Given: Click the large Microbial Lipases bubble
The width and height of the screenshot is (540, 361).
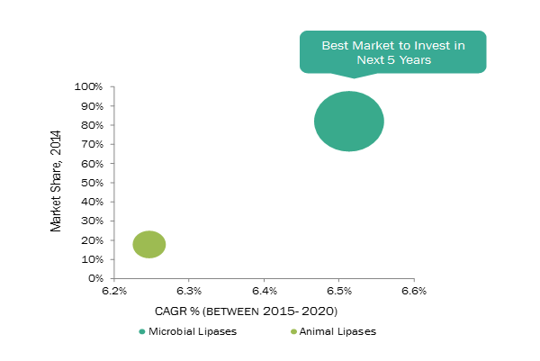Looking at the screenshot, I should tap(349, 122).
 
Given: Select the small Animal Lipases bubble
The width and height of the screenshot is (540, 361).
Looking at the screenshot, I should tap(149, 244).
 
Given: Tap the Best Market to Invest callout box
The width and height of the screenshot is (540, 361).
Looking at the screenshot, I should tap(392, 52).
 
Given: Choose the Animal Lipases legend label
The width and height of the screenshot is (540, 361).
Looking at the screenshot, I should tap(338, 331).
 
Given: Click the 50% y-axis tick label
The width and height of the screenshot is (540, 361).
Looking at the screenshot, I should tap(94, 183).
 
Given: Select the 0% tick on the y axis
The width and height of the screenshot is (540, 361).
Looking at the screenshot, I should tap(97, 278).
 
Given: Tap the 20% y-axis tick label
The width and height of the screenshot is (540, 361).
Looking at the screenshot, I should tap(94, 240).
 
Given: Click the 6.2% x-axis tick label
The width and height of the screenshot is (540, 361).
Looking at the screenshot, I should tap(113, 292).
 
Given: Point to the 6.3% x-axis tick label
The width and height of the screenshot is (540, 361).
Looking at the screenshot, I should tap(188, 292).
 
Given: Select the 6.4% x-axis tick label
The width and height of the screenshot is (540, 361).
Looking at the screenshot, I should tap(264, 292).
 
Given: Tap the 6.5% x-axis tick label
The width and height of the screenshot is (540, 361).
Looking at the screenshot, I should tap(338, 292).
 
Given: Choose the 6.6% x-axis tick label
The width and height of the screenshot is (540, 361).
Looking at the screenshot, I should tap(413, 292).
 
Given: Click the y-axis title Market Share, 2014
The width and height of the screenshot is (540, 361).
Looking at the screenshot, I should tap(57, 183).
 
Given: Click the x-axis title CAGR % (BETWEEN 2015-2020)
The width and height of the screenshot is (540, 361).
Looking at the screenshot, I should tap(264, 311).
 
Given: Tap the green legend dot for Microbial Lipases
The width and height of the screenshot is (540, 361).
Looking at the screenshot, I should tap(141, 331).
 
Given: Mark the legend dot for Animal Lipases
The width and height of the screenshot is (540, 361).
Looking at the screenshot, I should tap(292, 331).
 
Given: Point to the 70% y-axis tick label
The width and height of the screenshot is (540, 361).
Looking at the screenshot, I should tap(94, 144).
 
